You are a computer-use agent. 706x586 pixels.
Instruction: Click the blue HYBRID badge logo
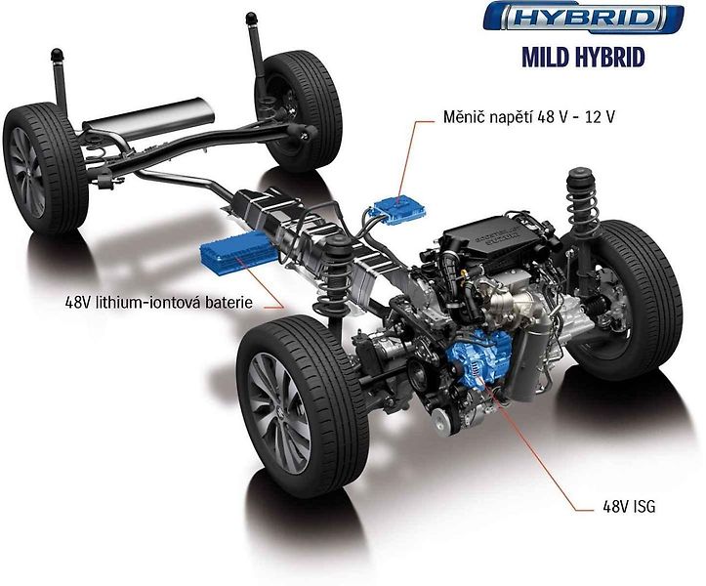(x=583, y=18)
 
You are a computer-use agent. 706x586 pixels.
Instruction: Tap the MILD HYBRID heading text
(x=584, y=58)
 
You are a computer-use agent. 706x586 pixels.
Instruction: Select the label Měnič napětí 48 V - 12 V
(x=529, y=117)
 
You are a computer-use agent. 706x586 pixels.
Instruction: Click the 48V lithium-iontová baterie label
(x=158, y=302)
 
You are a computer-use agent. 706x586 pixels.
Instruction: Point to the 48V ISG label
(x=629, y=507)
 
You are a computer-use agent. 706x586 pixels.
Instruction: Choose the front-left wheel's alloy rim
(x=279, y=412)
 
